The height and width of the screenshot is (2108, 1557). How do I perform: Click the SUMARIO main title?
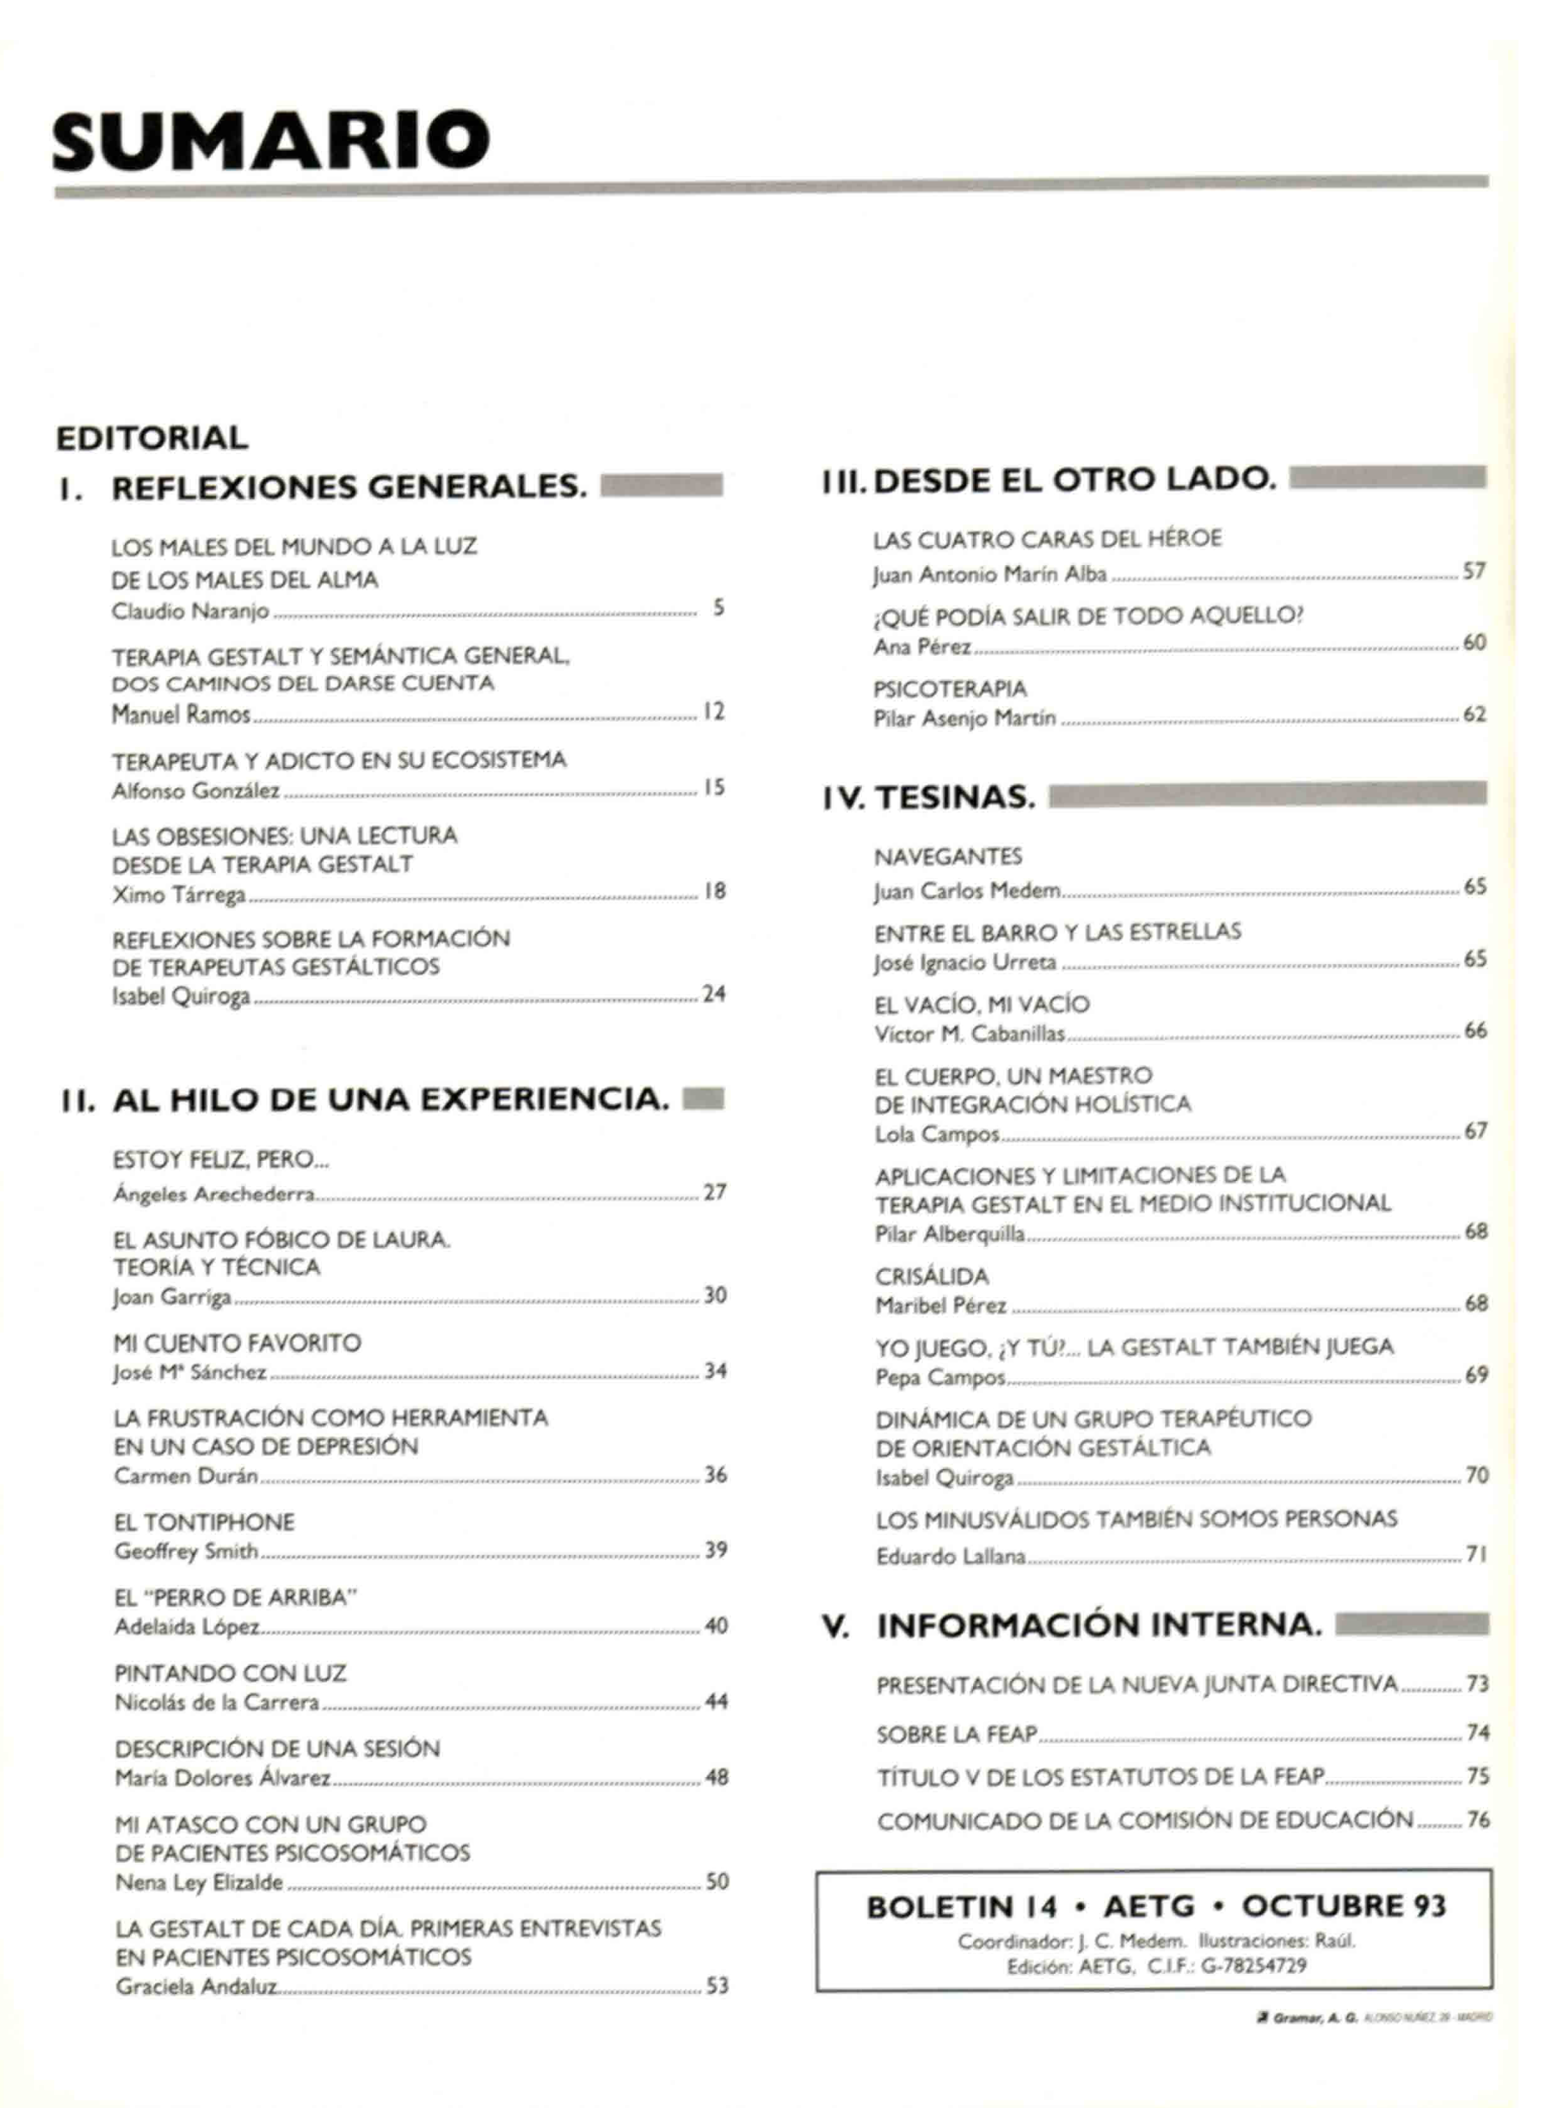(270, 140)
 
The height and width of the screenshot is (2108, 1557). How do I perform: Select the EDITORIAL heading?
(152, 438)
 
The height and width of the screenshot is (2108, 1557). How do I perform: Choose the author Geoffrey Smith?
(186, 1551)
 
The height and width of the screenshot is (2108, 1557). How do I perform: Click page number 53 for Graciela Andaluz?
(717, 1986)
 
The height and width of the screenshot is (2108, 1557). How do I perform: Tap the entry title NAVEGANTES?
(948, 856)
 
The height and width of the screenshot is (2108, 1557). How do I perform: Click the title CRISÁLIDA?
(932, 1277)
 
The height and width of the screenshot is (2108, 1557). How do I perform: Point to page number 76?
(1478, 1820)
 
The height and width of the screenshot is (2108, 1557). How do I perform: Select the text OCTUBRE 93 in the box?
(1343, 1905)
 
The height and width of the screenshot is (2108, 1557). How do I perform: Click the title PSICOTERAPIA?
(950, 689)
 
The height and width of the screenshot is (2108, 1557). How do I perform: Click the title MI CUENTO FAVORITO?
(237, 1343)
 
